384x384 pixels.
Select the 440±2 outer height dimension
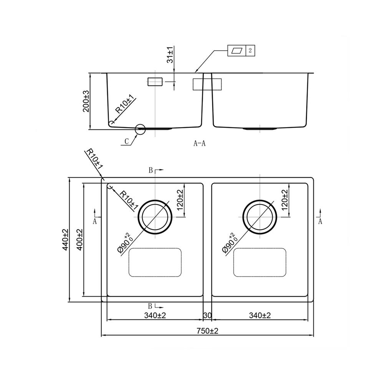coord(65,240)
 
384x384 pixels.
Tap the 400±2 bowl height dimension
coord(79,240)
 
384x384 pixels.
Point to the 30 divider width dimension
coord(207,315)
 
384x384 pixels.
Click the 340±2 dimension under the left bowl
coord(155,315)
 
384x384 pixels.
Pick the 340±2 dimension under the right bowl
coord(260,315)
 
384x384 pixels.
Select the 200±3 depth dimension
coord(86,101)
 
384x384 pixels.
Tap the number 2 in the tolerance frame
coord(250,50)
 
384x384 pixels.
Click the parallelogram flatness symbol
coord(237,50)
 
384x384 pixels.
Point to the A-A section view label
coord(200,144)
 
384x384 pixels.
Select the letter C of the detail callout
coord(126,142)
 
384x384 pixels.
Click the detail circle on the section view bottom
coord(140,129)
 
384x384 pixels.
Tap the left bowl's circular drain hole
coord(155,217)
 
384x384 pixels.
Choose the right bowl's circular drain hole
coord(260,217)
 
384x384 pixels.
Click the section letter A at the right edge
coord(320,221)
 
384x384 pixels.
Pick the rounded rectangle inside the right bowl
coord(260,262)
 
